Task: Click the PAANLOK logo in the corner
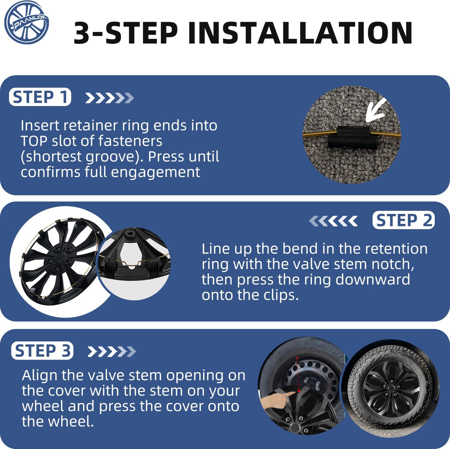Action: pos(27,22)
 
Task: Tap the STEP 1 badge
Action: pos(40,97)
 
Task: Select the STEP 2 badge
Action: pos(404,220)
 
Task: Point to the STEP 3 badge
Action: pos(42,351)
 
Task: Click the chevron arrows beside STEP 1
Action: pos(109,98)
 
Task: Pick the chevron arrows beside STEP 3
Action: pos(112,351)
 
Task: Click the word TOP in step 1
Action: pos(34,141)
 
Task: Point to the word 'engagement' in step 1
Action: pos(155,173)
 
